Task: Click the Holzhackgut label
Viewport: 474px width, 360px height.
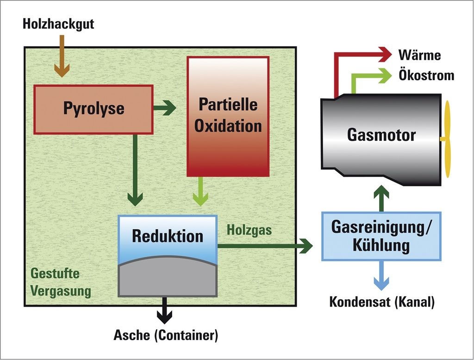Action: coord(58,24)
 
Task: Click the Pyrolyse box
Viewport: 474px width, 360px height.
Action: coord(94,109)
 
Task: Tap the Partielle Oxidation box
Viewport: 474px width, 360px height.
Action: coord(228,116)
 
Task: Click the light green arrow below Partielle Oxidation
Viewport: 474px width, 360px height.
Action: coord(200,191)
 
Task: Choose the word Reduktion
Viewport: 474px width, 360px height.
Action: coord(168,236)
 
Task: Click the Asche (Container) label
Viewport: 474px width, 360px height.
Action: coord(166,335)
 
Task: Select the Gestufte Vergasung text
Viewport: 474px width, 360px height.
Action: coord(61,283)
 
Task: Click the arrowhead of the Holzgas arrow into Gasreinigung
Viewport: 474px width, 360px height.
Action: coord(306,246)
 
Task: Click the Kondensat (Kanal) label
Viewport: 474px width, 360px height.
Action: coord(382,302)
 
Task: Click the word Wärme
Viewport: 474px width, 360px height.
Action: coord(419,56)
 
